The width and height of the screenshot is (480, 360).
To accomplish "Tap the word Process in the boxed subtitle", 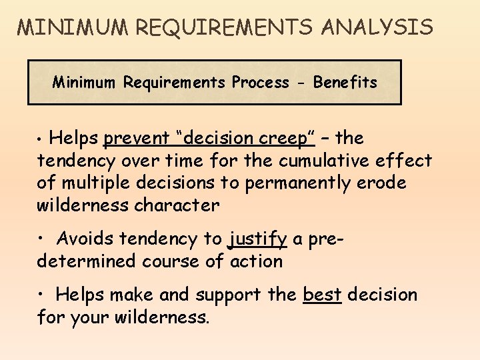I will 260,83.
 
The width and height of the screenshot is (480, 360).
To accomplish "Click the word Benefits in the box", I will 345,83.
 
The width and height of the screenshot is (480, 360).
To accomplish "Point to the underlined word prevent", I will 137,139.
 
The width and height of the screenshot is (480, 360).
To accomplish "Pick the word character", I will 177,205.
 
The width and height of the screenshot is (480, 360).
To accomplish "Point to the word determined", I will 86,261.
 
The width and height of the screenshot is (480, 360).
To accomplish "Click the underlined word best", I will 322,295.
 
